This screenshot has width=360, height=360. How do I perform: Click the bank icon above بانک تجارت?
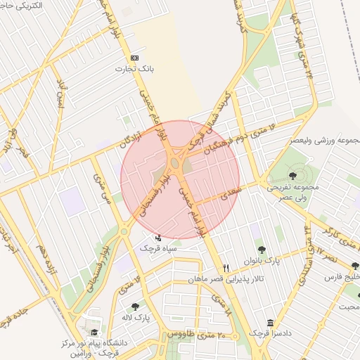pyautogui.click(x=135, y=58)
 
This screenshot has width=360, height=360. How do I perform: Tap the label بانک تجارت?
pyautogui.click(x=135, y=70)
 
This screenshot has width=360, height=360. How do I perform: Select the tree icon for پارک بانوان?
pyautogui.click(x=262, y=249)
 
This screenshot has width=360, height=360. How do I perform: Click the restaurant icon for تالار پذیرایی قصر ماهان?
pyautogui.click(x=226, y=268)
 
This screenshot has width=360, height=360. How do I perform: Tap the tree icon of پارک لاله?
pyautogui.click(x=135, y=307)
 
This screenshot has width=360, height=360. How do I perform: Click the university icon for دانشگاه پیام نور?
pyautogui.click(x=94, y=333)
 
